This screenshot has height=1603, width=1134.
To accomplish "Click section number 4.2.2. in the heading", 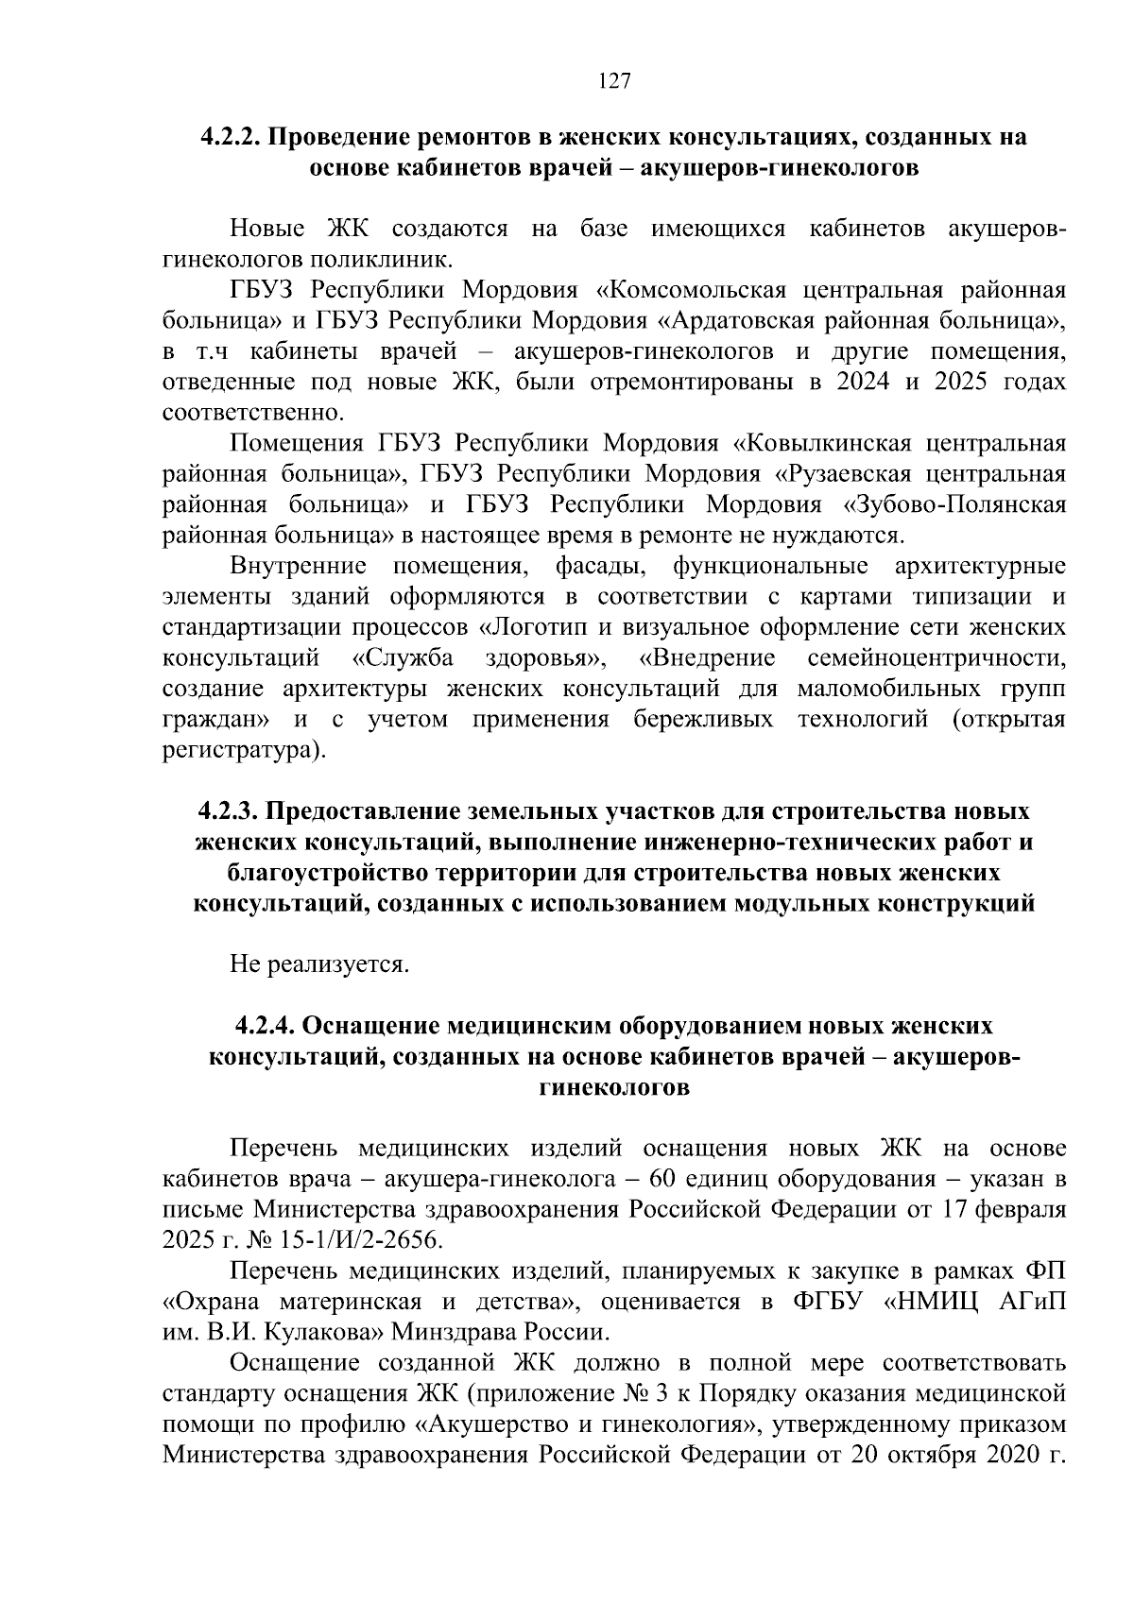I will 231,136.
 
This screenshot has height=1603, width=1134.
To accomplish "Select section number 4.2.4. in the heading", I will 266,1025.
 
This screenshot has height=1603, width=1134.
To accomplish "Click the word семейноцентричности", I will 936,658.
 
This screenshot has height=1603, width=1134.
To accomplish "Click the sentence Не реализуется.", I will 320,964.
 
